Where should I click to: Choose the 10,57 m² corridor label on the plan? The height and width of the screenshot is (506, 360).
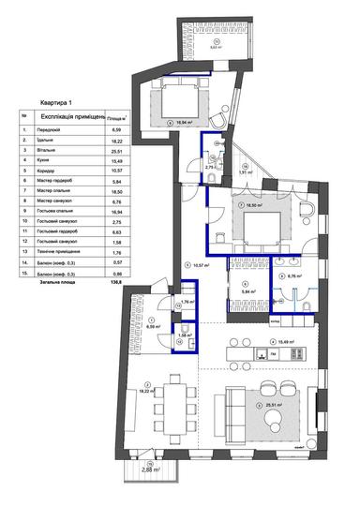tap(201, 265)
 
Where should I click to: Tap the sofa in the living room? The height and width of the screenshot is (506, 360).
tap(229, 413)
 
